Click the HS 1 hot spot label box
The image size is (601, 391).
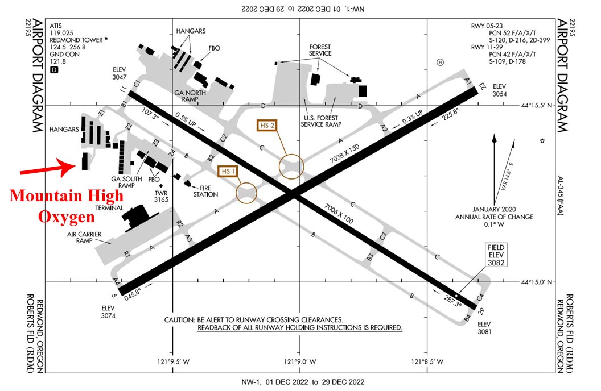pos(228,171)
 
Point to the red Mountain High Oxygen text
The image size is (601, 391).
pos(67,206)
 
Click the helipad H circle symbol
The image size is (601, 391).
pos(439,62)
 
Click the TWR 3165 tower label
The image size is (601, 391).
pos(162,197)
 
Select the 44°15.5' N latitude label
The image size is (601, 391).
pos(544,105)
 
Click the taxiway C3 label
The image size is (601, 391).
pos(384,235)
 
